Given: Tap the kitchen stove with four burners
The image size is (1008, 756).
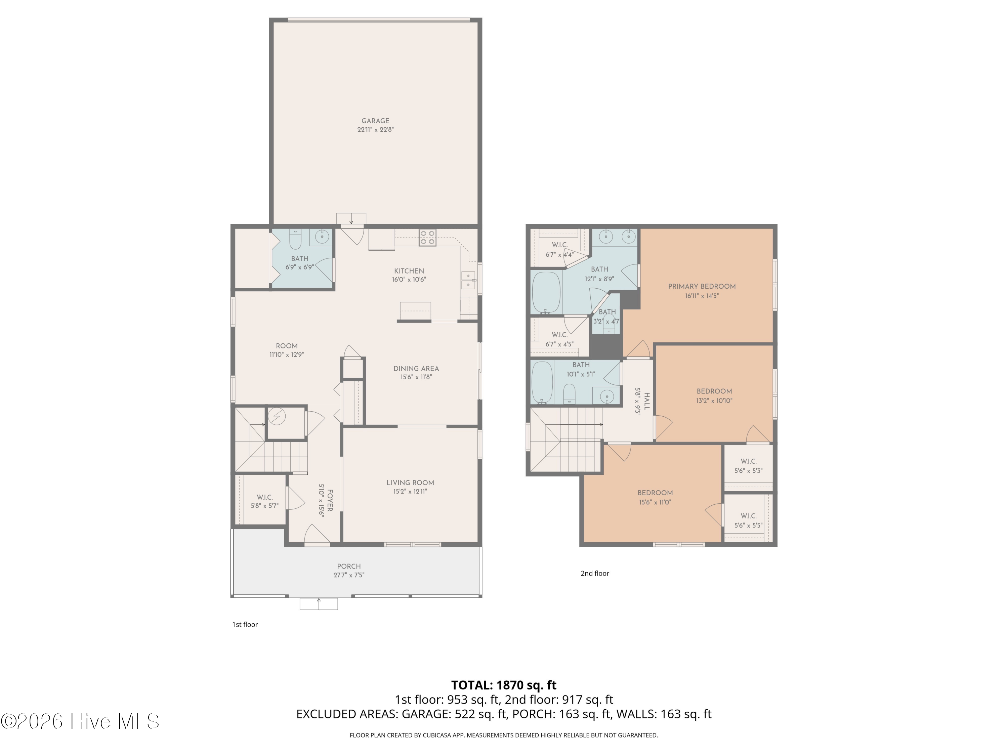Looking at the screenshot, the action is coord(427,238).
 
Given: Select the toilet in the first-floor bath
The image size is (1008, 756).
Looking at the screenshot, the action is coord(295,239).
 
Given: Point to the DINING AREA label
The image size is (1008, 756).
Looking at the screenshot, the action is coord(416,369).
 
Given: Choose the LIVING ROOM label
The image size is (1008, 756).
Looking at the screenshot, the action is coord(410,482).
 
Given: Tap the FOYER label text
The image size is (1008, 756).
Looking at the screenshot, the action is coord(330,500).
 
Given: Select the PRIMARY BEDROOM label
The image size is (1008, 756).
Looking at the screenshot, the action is coord(702,287).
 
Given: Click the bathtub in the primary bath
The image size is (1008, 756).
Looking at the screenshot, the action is coord(546,293).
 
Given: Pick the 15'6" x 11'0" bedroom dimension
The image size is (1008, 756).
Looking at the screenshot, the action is coord(655,503).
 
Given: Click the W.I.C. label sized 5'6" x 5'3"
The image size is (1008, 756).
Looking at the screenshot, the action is coord(748,461).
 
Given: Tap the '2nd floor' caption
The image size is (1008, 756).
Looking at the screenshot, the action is coord(595,573).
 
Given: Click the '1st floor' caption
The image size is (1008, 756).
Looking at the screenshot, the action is coord(245,624).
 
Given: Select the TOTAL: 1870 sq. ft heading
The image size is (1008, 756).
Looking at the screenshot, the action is coord(504,685).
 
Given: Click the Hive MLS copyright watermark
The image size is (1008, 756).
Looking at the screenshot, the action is coord(80,721).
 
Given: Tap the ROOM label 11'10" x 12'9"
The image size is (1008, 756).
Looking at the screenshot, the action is coord(287,346).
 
